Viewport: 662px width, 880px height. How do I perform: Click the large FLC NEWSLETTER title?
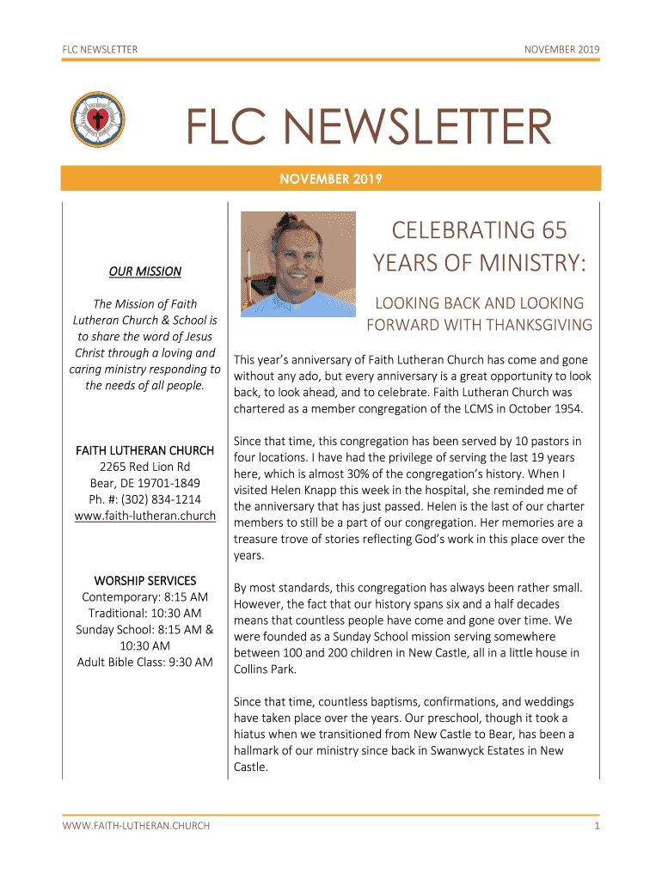370,129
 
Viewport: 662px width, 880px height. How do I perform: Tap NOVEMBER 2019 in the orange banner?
331,179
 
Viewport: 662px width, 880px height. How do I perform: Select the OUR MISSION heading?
144,272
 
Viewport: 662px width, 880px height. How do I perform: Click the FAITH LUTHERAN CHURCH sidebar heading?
144,450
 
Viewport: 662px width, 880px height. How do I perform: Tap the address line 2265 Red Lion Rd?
144,467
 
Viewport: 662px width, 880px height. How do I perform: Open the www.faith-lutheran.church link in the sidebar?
144,516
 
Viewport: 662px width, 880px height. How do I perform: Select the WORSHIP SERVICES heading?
144,581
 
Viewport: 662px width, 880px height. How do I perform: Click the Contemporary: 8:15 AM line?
144,597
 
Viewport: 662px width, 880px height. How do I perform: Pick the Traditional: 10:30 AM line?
144,614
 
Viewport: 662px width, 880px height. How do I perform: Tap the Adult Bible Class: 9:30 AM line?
144,662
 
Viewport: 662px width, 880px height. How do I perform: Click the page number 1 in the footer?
596,826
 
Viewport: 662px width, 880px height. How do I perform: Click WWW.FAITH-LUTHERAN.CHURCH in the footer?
136,826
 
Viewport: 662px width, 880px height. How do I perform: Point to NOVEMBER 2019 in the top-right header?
562,50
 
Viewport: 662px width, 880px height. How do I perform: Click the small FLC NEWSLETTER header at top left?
100,50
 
